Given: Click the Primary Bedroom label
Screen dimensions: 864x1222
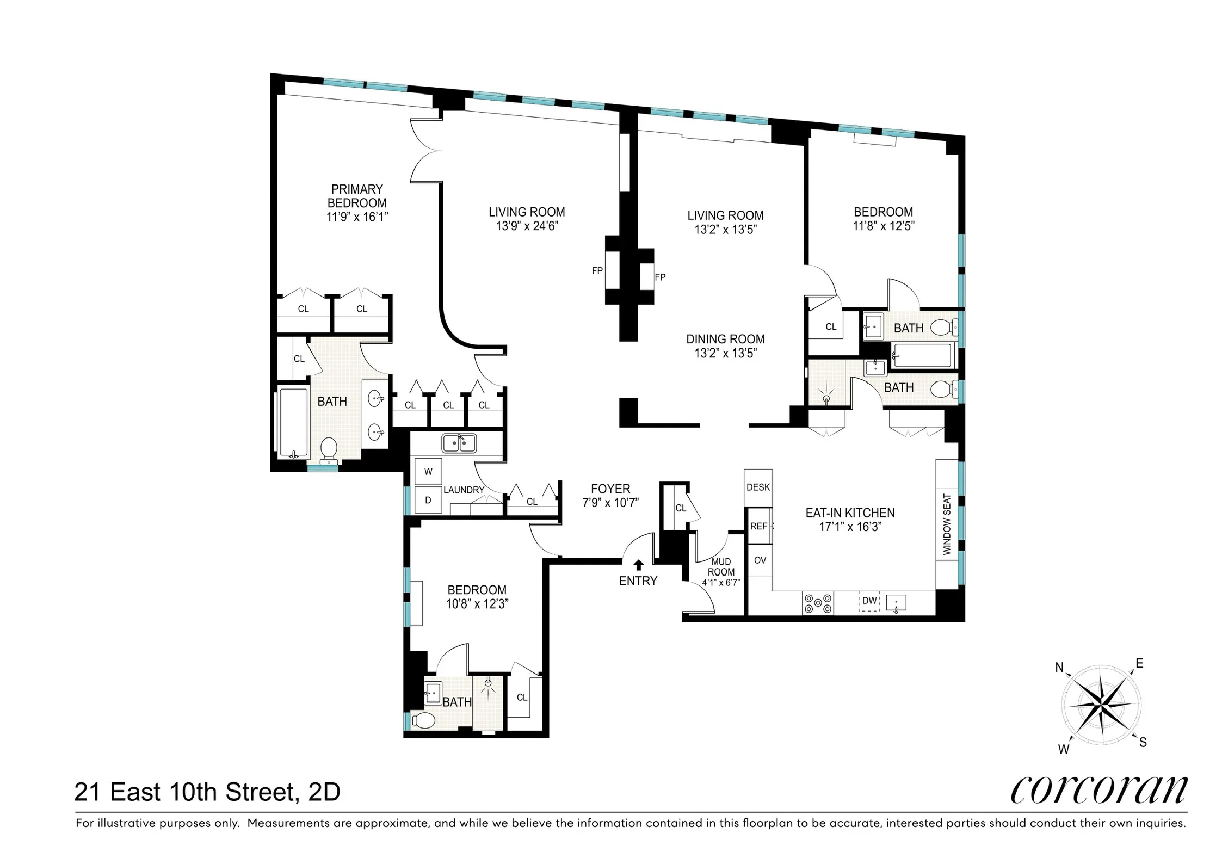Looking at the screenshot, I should pyautogui.click(x=357, y=196).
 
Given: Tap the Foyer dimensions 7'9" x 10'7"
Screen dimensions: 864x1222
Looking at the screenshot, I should pyautogui.click(x=610, y=502).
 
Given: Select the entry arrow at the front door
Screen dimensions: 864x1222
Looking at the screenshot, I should pyautogui.click(x=639, y=565).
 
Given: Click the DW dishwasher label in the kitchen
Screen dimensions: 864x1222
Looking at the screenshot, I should pyautogui.click(x=869, y=601).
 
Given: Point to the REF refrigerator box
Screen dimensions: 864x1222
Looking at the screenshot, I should pyautogui.click(x=758, y=526).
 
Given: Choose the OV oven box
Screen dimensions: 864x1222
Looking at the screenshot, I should pyautogui.click(x=760, y=560).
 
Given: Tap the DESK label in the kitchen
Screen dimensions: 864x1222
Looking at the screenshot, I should pyautogui.click(x=758, y=487).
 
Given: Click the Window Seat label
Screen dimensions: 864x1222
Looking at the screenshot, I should pyautogui.click(x=947, y=524).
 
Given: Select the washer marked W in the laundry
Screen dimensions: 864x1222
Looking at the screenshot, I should pyautogui.click(x=428, y=472).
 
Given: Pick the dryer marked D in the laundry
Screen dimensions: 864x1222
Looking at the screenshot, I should pyautogui.click(x=428, y=500).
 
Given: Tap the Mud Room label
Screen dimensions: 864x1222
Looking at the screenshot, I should pyautogui.click(x=721, y=566).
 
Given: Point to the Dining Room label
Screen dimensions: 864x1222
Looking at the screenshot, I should pyautogui.click(x=725, y=339).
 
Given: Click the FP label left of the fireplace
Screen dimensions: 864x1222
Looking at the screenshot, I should pyautogui.click(x=597, y=270).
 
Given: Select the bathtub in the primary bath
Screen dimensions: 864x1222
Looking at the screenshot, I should pyautogui.click(x=293, y=422).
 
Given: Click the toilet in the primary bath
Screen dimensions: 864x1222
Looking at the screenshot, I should pyautogui.click(x=329, y=450).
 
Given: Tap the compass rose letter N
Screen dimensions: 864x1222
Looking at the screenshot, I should pyautogui.click(x=1059, y=668).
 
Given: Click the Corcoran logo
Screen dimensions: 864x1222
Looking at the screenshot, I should pyautogui.click(x=1098, y=791).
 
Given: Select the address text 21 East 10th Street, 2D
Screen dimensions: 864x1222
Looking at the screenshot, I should pyautogui.click(x=207, y=792).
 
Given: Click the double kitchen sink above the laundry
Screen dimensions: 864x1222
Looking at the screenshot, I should pyautogui.click(x=459, y=443).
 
